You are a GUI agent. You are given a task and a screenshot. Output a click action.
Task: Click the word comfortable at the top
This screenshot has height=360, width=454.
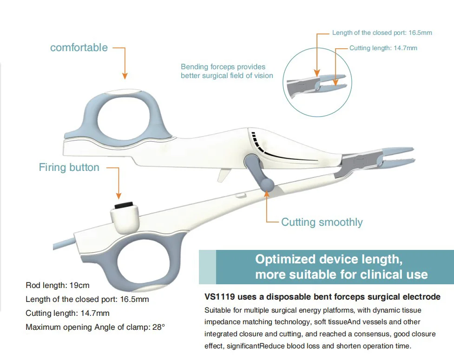point(79,47)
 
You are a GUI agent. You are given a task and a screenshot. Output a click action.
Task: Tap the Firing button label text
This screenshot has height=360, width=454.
point(69,167)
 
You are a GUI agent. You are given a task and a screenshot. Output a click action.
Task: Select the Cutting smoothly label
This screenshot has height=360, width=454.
point(322,222)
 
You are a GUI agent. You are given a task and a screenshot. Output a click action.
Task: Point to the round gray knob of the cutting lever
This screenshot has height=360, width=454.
point(267,184)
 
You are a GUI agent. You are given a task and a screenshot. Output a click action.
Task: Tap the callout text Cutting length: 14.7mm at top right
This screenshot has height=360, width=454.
point(383,48)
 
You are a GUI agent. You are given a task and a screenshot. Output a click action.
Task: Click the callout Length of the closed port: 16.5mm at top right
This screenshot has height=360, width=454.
point(382,33)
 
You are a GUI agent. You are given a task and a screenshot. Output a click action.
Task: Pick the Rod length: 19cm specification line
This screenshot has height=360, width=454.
point(57,285)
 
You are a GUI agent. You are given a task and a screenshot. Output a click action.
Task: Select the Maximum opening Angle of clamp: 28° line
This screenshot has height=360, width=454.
point(95,327)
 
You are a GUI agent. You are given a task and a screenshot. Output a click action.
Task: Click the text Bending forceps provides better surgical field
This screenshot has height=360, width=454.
point(227,71)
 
